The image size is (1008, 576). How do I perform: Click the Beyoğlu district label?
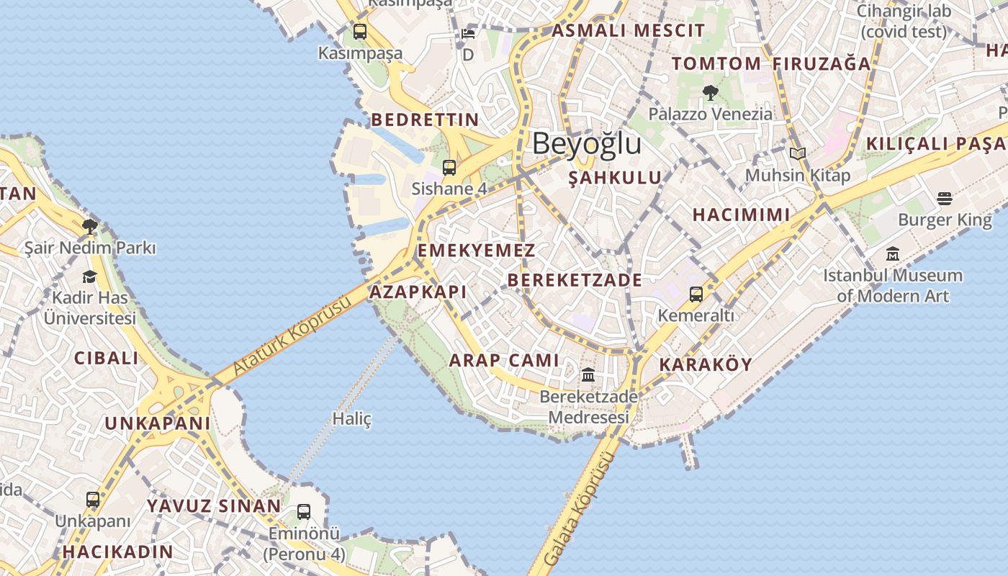point(587,144)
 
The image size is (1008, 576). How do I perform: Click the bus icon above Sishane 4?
point(449,168)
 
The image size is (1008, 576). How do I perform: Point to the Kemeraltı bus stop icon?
point(696,294)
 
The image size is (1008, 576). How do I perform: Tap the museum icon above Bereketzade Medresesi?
point(588,375)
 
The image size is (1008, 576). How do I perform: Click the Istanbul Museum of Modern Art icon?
point(893,253)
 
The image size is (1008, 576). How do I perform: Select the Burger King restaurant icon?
point(945,199)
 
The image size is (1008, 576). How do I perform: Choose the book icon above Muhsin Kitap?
point(797,153)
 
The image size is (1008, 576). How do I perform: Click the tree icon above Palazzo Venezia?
point(710,92)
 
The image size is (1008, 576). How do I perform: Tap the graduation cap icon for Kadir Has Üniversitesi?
point(89,276)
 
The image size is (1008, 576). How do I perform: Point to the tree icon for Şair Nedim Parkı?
point(89,227)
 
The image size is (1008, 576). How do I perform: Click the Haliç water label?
point(352,418)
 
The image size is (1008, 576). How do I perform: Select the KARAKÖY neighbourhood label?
point(705,364)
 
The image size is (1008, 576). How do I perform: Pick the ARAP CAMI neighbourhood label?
point(504,360)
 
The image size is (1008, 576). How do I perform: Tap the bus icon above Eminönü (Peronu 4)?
point(304,512)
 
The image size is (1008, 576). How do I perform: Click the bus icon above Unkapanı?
point(93,500)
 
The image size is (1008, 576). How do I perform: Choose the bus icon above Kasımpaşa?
point(359,32)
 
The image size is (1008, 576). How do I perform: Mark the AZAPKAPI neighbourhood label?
point(418,292)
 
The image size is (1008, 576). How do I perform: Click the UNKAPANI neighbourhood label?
point(158,423)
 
